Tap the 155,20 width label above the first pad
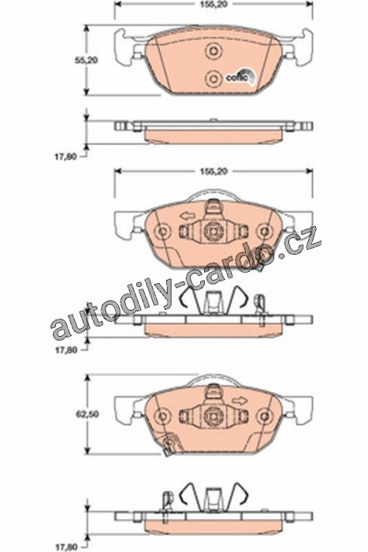214,5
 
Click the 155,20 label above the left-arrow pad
214,171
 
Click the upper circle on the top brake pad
214,51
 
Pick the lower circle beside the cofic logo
214,78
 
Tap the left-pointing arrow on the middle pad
186,214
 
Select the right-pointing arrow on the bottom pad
240,401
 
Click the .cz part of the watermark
303,243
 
